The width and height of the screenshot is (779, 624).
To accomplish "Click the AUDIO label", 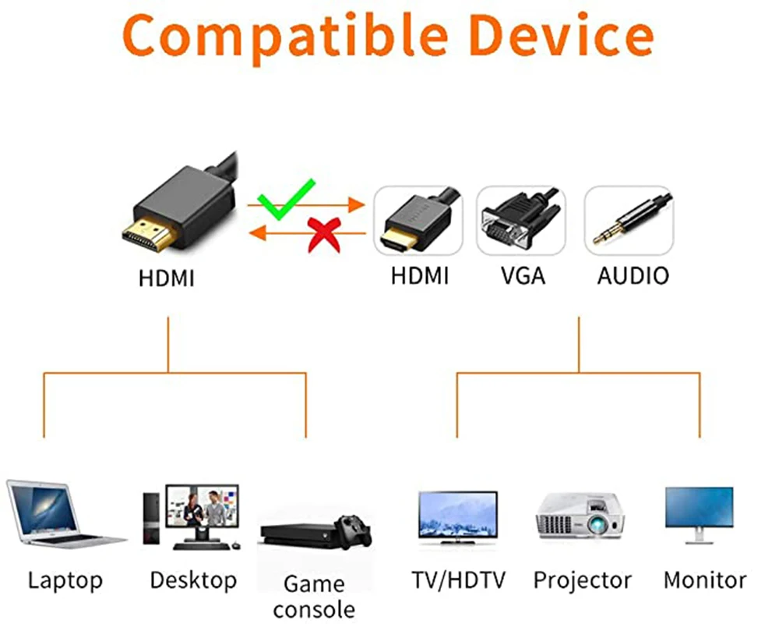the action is (x=633, y=275).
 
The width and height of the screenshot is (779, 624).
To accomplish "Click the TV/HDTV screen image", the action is (x=457, y=515).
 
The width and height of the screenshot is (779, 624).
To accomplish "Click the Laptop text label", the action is (x=65, y=580).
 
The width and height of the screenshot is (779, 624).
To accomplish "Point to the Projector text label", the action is (x=582, y=580).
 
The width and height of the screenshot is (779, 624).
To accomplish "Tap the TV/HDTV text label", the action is (x=458, y=580).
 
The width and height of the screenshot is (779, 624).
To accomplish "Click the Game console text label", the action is (x=314, y=595).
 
